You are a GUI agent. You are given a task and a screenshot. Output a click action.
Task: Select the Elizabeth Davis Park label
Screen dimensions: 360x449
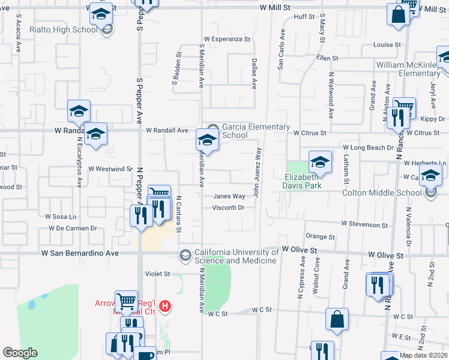(x=303, y=181)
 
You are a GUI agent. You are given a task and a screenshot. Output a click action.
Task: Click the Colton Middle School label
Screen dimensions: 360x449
(x=382, y=193)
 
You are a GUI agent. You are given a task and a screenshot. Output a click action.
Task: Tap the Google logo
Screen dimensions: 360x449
(x=20, y=353)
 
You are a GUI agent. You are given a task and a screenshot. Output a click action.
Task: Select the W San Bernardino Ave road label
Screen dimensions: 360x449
(x=80, y=254)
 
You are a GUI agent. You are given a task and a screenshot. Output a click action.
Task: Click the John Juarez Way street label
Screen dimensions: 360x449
(x=256, y=172)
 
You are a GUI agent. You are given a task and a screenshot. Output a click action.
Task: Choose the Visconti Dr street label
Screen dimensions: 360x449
(x=228, y=208)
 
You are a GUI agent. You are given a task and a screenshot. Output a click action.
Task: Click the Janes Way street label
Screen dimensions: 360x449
(x=229, y=196)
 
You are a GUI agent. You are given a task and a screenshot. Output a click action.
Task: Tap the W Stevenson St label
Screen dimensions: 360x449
(x=364, y=224)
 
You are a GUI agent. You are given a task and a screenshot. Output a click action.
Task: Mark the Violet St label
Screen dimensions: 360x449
(x=158, y=274)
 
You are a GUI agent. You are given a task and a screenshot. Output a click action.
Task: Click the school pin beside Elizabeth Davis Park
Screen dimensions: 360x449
(x=320, y=162)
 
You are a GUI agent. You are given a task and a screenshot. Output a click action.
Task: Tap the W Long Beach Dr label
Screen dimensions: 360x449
(x=367, y=148)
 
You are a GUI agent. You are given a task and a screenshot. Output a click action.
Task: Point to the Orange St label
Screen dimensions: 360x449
(x=320, y=237)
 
